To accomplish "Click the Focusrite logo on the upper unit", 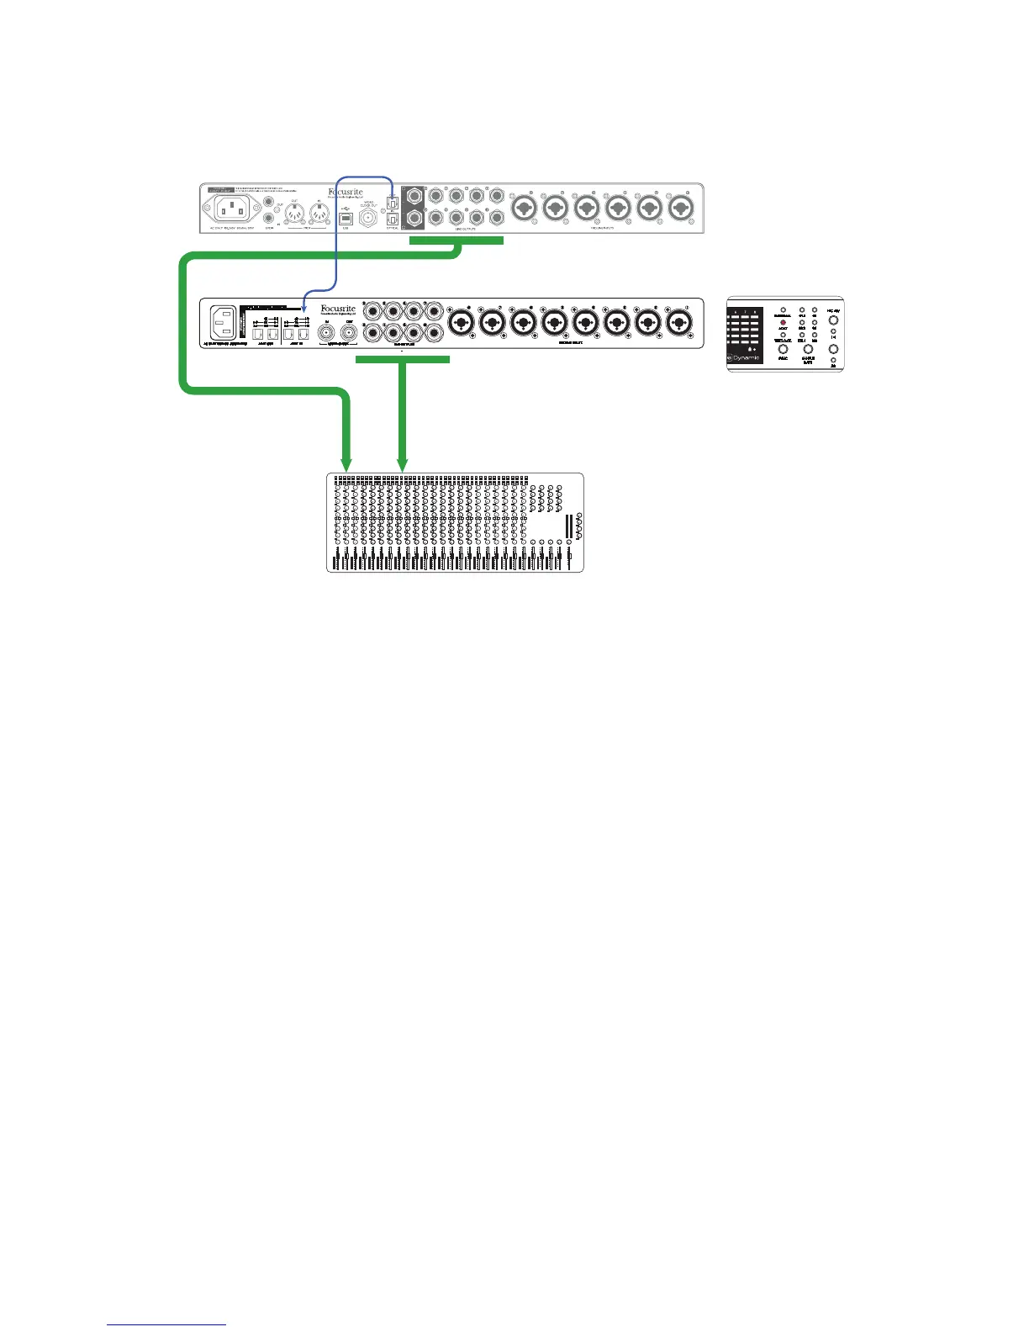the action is (345, 193).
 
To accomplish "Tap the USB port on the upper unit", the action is (345, 217).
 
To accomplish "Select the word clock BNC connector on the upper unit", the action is (368, 218).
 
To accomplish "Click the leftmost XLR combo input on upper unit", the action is (523, 207).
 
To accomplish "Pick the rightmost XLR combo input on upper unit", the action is (678, 207).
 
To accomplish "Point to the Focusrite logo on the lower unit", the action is (338, 310).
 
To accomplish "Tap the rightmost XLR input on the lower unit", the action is (679, 322).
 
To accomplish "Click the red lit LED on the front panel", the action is (783, 324).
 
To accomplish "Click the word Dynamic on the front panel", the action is (747, 357).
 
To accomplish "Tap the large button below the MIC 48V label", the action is (833, 320).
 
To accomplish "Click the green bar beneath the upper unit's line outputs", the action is (456, 241).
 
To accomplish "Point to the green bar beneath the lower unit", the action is (404, 359).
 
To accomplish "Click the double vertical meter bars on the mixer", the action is (569, 527).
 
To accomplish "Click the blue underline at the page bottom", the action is (166, 1326).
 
